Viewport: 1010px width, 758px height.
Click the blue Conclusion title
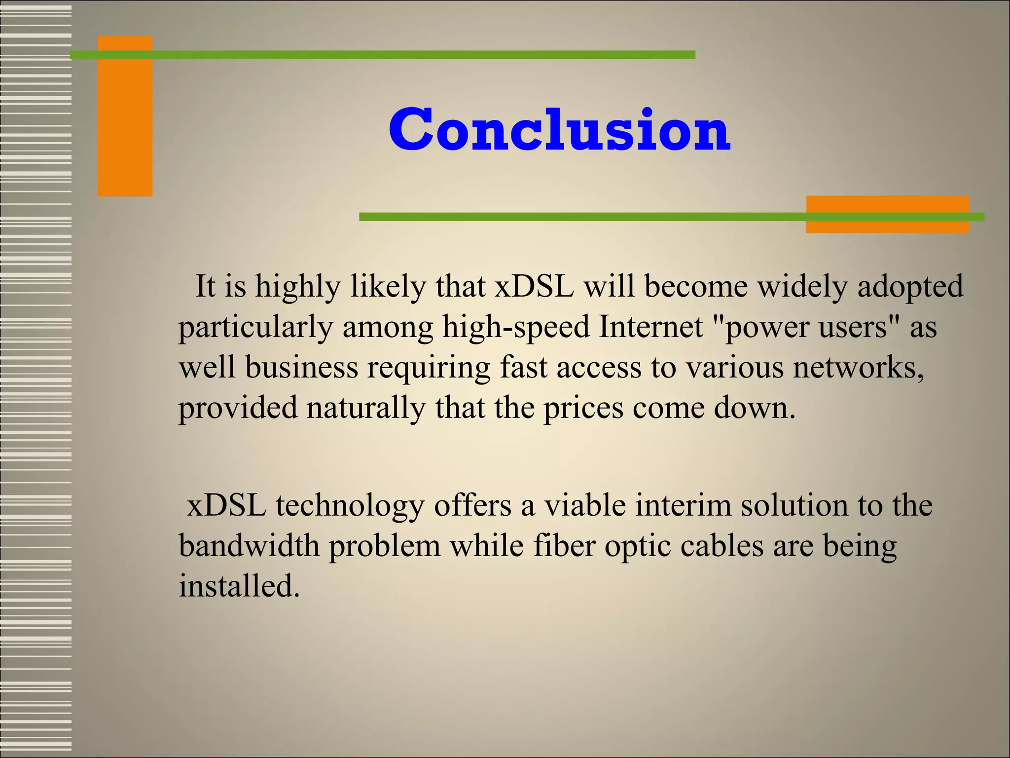559,129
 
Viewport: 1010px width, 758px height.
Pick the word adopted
910,287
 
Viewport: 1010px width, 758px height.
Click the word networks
858,368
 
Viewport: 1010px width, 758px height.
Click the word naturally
365,408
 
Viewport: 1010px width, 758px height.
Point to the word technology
350,506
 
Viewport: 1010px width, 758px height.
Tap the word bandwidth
249,546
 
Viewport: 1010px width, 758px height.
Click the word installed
239,587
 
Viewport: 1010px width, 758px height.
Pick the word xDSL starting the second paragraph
226,506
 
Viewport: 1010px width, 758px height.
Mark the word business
301,368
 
